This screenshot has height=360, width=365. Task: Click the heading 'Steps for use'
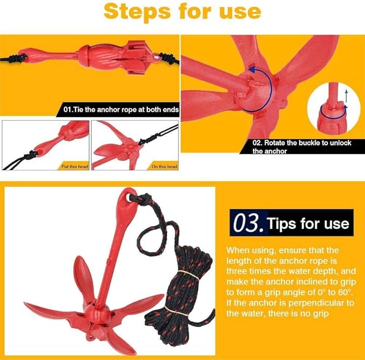pyautogui.click(x=182, y=12)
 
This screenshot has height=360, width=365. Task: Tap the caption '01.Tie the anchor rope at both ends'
pyautogui.click(x=121, y=110)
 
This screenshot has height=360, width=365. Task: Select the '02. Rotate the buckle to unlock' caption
pyautogui.click(x=302, y=143)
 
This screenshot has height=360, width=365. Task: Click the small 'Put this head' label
pyautogui.click(x=75, y=166)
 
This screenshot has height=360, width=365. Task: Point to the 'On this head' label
pyautogui.click(x=164, y=166)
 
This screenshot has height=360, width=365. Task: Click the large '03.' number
pyautogui.click(x=249, y=223)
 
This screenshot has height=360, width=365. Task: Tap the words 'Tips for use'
pyautogui.click(x=308, y=223)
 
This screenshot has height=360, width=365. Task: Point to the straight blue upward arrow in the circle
pyautogui.click(x=346, y=96)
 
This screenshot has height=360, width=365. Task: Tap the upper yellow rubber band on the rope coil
pyautogui.click(x=188, y=275)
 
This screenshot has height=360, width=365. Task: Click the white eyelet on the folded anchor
pyautogui.click(x=156, y=57)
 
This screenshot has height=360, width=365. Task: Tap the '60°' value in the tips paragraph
pyautogui.click(x=346, y=292)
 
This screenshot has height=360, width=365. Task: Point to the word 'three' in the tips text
pyautogui.click(x=237, y=271)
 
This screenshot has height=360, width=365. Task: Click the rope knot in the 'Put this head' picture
pyautogui.click(x=32, y=155)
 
